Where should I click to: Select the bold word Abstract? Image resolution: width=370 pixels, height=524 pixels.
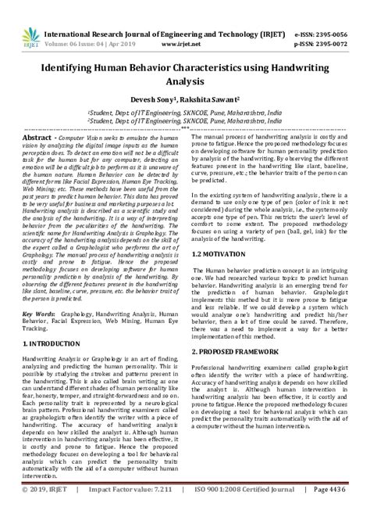40,136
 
